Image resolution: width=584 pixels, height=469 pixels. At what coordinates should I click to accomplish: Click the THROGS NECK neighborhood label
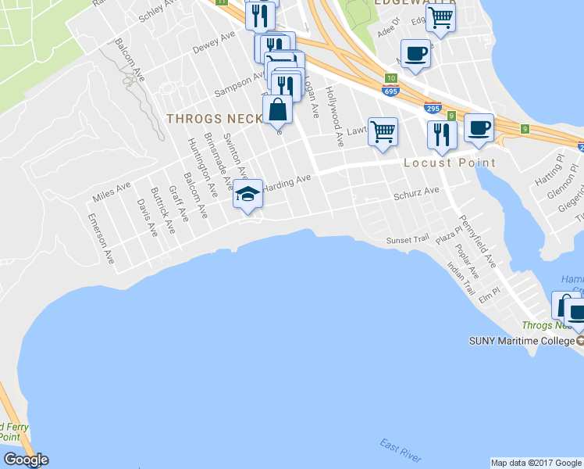pyautogui.click(x=212, y=119)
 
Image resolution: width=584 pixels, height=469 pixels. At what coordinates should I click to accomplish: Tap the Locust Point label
pyautogui.click(x=449, y=163)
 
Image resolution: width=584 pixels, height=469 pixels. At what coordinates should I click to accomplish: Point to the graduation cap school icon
pyautogui.click(x=247, y=193)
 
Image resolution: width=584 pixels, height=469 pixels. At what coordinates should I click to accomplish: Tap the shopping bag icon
pyautogui.click(x=277, y=109)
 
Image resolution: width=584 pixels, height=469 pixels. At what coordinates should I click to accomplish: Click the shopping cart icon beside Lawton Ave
pyautogui.click(x=383, y=131)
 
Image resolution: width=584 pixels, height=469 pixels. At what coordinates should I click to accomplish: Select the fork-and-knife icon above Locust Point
pyautogui.click(x=442, y=134)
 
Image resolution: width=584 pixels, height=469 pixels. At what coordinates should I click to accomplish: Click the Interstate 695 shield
pyautogui.click(x=391, y=91)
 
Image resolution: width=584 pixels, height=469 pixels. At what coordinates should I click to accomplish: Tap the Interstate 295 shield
pyautogui.click(x=433, y=109)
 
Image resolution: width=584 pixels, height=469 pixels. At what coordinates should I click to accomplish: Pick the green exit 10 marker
pyautogui.click(x=391, y=78)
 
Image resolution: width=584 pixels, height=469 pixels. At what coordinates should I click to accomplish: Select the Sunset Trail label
pyautogui.click(x=408, y=242)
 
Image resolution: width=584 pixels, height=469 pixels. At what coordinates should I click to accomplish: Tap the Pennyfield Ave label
pyautogui.click(x=477, y=241)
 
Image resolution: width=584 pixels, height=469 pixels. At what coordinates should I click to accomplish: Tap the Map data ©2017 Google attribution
pyautogui.click(x=536, y=463)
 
